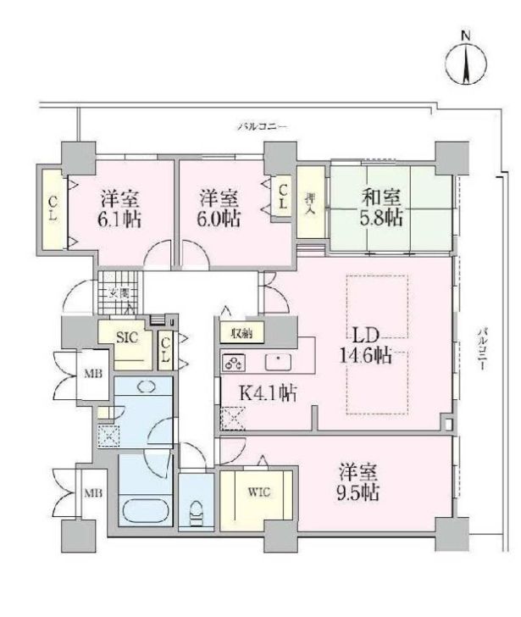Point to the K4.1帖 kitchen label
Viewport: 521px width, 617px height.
[x=266, y=392]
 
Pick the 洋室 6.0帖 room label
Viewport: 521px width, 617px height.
[x=219, y=208]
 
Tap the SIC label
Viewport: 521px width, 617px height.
[x=126, y=336]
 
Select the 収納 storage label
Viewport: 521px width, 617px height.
[x=241, y=333]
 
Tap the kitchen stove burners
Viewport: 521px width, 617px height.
[x=234, y=363]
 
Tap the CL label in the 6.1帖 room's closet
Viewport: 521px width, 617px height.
[x=53, y=207]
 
